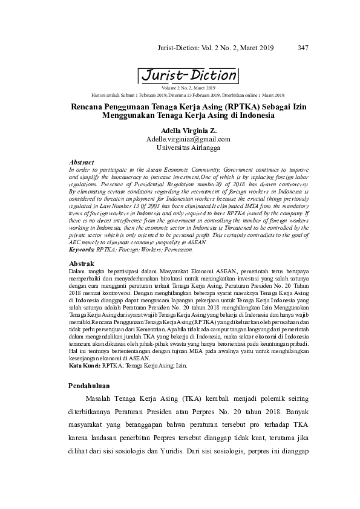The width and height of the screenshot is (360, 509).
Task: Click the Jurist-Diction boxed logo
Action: (x=188, y=76)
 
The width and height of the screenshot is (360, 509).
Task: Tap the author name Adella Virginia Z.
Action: (x=188, y=131)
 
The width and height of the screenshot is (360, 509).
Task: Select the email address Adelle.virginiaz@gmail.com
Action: (x=188, y=139)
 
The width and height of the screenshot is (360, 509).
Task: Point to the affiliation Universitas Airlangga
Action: (x=188, y=148)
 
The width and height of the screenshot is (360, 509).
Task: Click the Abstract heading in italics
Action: (x=82, y=163)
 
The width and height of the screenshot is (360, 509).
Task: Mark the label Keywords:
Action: (x=83, y=249)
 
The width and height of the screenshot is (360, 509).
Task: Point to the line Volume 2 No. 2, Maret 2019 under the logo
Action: (x=188, y=88)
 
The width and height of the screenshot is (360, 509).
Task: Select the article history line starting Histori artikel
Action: (x=188, y=95)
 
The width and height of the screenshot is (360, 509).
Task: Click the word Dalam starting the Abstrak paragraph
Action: (x=79, y=272)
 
